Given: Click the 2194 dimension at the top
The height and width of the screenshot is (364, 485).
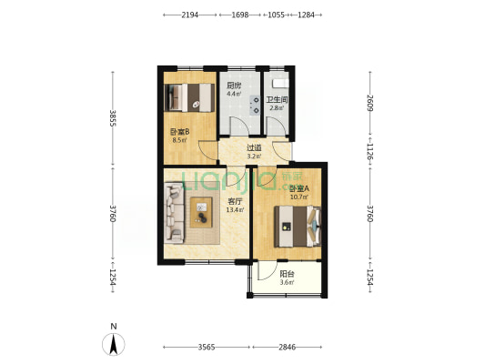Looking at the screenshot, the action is pos(189,15).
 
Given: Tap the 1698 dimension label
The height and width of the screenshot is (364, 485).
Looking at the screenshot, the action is pos(240,15).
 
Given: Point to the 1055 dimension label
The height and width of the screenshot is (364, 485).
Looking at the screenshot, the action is pos(276,15).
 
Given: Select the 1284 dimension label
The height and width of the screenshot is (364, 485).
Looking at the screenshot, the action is pos(306,15).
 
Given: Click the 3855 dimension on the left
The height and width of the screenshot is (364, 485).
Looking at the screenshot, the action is pos(113,118).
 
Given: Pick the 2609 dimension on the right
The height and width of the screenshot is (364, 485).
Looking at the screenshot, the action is pos(370,103).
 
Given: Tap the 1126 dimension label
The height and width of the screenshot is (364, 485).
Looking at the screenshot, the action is pos(370,151).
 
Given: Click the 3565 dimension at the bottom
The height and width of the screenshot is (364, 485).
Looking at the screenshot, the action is pos(207,348).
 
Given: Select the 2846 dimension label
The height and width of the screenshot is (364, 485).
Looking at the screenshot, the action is pos(287,348).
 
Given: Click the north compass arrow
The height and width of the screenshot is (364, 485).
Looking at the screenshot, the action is pos(114,344).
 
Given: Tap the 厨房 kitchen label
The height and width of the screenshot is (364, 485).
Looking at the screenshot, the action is pos(234,86).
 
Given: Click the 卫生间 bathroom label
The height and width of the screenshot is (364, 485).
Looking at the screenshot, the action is pos(278,100).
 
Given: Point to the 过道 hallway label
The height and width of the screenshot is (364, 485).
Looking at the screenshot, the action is pos(254,148).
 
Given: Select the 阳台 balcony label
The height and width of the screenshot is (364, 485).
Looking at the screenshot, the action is pos(287,274).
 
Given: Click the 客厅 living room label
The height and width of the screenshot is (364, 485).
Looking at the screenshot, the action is pos(235,202).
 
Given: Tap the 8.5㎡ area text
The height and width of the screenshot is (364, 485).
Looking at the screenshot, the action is pos(179,140).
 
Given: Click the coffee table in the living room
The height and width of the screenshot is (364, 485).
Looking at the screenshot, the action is pos(201,212).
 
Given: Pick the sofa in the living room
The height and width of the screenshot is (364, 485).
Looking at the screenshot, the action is pos(174,212).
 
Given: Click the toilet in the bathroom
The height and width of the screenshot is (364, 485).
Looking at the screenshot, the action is pos(280,83).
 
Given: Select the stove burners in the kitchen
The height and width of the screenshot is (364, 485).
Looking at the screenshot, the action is pos(256,106).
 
